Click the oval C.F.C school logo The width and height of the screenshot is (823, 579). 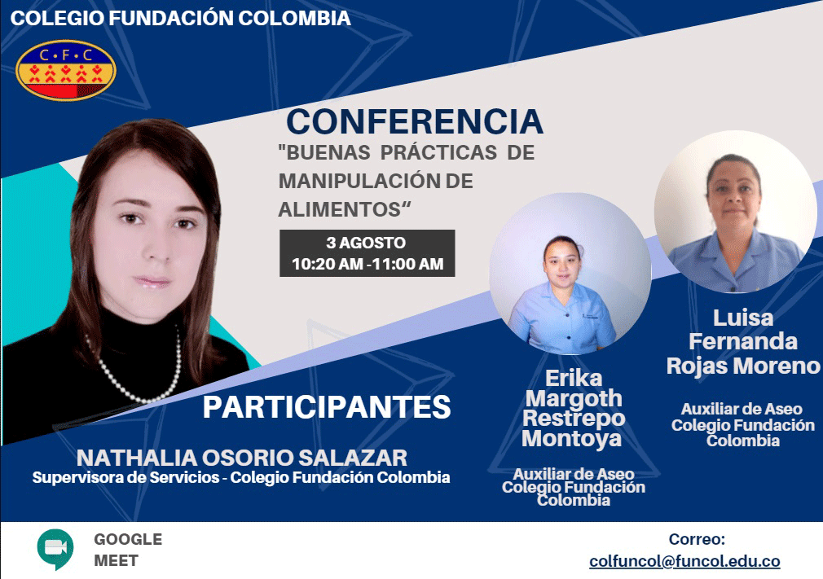(66, 70)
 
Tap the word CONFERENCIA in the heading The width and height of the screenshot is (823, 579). (415, 121)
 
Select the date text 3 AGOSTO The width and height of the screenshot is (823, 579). (366, 243)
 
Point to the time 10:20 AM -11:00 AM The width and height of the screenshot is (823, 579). (367, 264)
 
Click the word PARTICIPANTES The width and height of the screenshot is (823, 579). (327, 407)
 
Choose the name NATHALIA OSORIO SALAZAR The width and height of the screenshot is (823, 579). (242, 458)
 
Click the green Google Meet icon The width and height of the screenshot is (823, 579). (55, 549)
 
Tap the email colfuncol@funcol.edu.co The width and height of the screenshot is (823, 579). (684, 561)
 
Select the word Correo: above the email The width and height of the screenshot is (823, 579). (697, 539)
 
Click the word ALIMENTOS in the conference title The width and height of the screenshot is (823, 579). (340, 210)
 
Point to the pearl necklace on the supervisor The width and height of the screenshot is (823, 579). (138, 370)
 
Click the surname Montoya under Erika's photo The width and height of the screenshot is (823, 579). (571, 438)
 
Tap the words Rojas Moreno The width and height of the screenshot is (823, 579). (742, 366)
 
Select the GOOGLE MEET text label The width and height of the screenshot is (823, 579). (128, 550)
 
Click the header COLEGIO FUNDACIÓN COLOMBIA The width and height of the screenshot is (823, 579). (181, 18)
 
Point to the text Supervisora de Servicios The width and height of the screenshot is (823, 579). (126, 477)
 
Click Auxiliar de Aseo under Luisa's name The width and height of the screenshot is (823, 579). (742, 409)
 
